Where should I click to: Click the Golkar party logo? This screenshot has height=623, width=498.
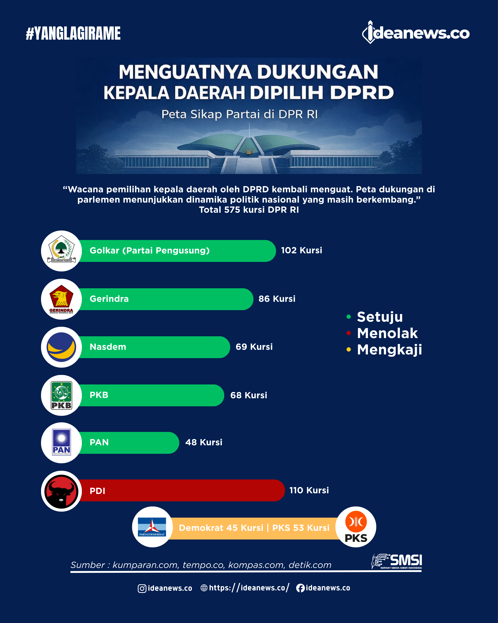point(61,251)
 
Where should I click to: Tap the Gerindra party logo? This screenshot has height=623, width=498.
point(61,299)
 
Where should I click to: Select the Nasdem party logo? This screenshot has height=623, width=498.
point(61,347)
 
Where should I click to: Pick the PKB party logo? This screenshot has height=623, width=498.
point(61,395)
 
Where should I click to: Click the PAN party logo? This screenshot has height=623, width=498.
point(61,443)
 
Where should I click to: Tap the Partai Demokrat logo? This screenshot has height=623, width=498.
point(152,527)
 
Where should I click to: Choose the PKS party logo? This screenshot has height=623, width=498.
point(356,527)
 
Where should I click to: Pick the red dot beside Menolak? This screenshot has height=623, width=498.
point(349,333)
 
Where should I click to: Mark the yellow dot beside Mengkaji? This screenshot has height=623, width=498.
point(349,350)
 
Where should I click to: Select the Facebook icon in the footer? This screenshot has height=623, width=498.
point(300,588)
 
